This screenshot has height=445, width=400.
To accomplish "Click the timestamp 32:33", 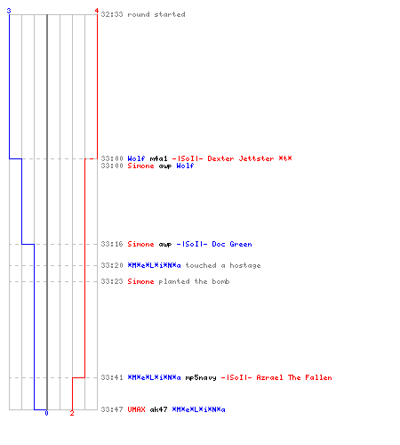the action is click(x=112, y=14).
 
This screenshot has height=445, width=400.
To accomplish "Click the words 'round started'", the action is click(x=156, y=14).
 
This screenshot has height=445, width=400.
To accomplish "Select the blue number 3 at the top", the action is click(x=9, y=11).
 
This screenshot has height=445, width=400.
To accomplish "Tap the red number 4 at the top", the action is click(x=96, y=11).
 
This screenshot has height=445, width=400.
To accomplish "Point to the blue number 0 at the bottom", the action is click(x=46, y=413).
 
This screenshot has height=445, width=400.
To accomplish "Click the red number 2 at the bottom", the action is click(x=72, y=413).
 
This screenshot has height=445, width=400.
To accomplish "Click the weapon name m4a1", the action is click(x=158, y=158).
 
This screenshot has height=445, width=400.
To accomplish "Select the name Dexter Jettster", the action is click(x=241, y=158).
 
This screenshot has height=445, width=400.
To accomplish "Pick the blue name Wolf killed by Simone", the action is click(x=185, y=166).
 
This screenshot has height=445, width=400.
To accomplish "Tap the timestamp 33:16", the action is click(x=112, y=244).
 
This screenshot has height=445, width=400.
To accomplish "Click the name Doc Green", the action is click(x=232, y=244).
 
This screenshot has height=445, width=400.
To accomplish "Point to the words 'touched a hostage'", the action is click(x=223, y=265).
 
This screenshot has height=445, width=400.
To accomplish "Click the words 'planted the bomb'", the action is click(x=194, y=281).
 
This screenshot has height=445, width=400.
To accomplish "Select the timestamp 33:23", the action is click(x=112, y=281).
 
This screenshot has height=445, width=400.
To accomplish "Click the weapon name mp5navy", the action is click(x=201, y=377).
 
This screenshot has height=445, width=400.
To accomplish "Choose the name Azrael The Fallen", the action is click(x=294, y=377).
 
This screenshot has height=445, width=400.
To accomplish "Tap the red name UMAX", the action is click(x=136, y=409).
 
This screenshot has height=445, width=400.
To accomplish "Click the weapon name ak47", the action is click(x=158, y=409).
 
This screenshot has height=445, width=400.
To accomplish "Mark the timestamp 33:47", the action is click(x=112, y=409).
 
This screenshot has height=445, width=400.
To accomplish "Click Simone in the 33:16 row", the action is click(x=140, y=244).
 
